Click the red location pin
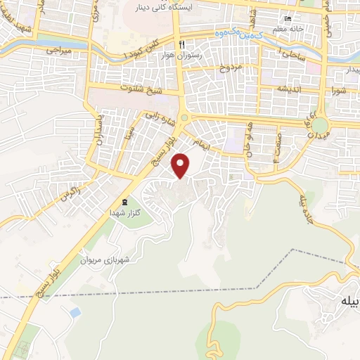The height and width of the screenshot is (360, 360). click(182, 165)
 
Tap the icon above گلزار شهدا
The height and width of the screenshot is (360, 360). click(124, 202)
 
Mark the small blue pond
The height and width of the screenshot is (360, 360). click(75, 311)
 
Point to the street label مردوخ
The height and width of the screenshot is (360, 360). click(231, 67)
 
